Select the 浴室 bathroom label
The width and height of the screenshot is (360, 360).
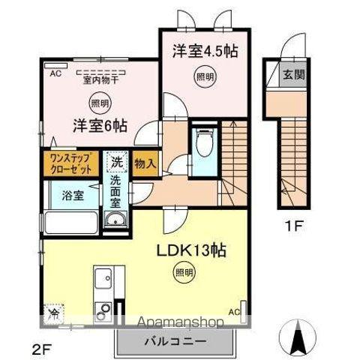tap(72, 194)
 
